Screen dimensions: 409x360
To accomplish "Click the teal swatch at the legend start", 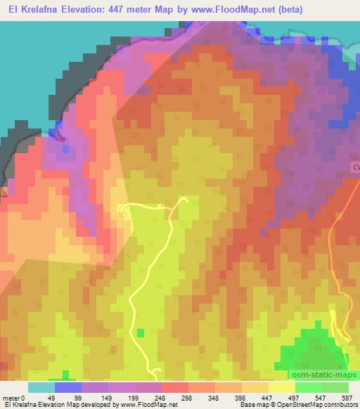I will pyautogui.click(x=41, y=387).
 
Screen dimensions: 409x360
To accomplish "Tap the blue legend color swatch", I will pyautogui.click(x=68, y=387).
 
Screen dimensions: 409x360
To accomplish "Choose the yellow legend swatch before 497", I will pyautogui.click(x=281, y=387).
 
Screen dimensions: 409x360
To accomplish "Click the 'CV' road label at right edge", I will pyautogui.click(x=355, y=166).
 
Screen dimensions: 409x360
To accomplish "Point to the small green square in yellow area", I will pyautogui.click(x=140, y=332).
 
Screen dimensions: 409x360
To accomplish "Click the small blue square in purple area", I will pyautogui.click(x=65, y=149).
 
